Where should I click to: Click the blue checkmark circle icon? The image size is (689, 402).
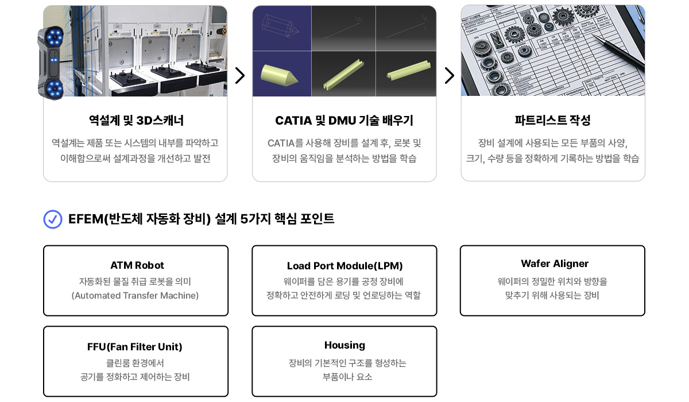coord(53,219)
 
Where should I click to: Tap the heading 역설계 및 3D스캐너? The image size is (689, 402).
coord(136,120)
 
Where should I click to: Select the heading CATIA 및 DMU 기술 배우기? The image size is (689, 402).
coord(344,120)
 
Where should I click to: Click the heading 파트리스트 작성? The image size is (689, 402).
coord(553,120)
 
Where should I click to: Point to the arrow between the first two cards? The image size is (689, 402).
coord(240,76)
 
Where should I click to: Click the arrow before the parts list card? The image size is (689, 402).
coord(450,76)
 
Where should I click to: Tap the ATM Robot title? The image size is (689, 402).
coord(137,265)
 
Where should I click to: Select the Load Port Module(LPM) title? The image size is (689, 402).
coord(345,266)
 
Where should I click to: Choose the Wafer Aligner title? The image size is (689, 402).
coord(555,264)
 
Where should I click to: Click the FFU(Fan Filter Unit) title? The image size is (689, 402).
coord(135,347)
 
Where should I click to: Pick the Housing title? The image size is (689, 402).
coord(345,345)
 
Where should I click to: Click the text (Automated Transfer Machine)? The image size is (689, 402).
coord(135,296)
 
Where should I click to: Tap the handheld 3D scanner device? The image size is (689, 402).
coord(51,63)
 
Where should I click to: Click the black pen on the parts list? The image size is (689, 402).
coord(618,53)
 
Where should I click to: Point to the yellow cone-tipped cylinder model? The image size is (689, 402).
coord(278,75)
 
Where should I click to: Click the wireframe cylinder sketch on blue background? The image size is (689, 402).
coord(280,26)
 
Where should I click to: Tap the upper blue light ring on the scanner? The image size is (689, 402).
coord(54,37)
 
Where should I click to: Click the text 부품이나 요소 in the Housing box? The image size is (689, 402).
coord(347,377)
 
